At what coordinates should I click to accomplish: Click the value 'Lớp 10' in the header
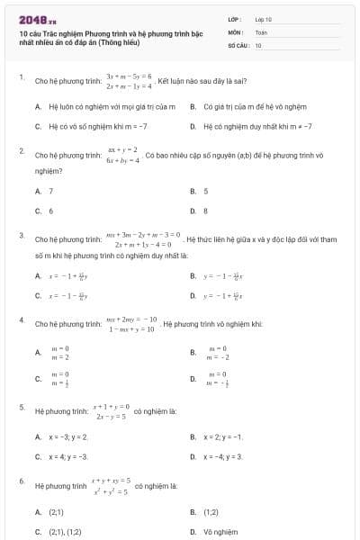point(264,18)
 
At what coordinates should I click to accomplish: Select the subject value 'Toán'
point(261,31)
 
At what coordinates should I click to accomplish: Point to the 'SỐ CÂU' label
point(237,45)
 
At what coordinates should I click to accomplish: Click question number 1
point(21,77)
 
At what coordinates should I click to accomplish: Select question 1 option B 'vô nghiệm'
point(238,106)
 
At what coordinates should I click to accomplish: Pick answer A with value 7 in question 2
point(50,191)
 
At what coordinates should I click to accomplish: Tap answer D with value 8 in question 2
point(205,211)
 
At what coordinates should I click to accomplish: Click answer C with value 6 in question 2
point(50,211)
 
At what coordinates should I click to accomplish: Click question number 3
point(21,235)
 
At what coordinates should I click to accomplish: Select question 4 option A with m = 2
point(59,353)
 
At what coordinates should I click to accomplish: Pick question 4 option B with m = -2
point(217,353)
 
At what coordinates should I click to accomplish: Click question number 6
point(21,481)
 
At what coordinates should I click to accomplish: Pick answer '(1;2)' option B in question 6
point(211,511)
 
